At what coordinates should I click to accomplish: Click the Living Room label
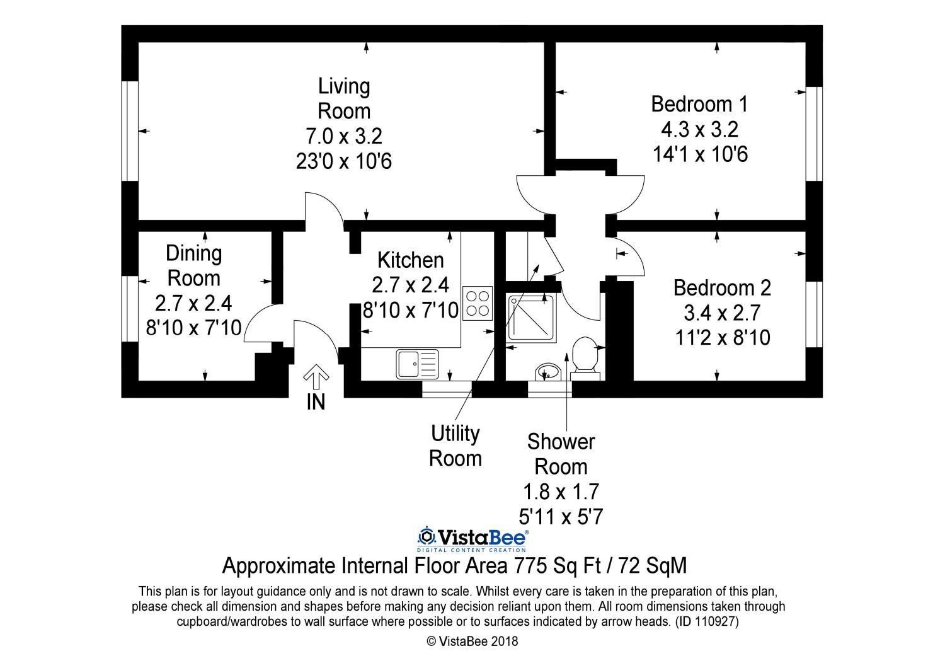(344, 99)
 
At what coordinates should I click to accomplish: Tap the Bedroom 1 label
(699, 104)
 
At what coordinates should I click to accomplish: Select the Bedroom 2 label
(722, 288)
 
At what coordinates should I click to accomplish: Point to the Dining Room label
(193, 266)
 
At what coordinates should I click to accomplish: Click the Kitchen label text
(411, 260)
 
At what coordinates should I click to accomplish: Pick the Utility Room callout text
(455, 446)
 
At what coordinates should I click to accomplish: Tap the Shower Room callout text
(561, 454)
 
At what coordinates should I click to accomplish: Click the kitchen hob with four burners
(478, 303)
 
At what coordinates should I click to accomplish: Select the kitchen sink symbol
(417, 364)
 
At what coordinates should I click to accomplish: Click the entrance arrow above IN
(316, 377)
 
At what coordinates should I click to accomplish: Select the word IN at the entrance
(316, 402)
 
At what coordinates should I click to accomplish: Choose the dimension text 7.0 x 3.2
(344, 136)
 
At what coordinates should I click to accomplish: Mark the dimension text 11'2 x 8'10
(723, 338)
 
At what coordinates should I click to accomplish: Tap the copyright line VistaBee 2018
(472, 642)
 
